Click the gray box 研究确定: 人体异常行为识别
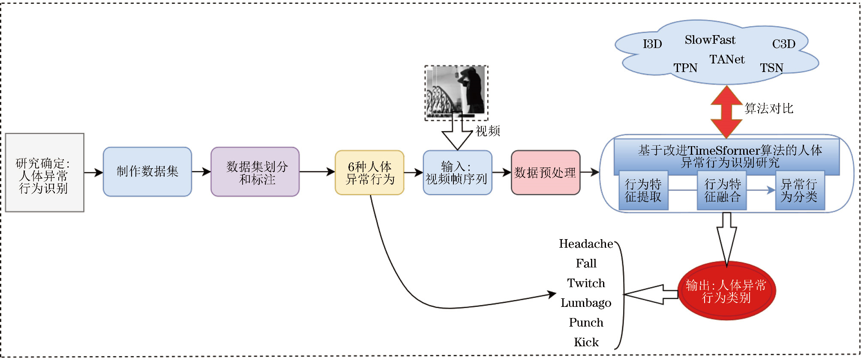tap(45, 173)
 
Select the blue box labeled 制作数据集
tap(147, 172)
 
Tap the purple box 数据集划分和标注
tap(255, 172)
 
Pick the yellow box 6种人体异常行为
tap(369, 173)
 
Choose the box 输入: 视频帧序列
tap(457, 173)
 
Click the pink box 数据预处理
tap(545, 173)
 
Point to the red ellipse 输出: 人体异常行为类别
tap(726, 291)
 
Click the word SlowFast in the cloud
tap(710, 40)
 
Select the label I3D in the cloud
tap(652, 44)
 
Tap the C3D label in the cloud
tap(783, 44)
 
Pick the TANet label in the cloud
tap(727, 60)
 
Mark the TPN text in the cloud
tap(685, 68)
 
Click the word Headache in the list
tap(586, 244)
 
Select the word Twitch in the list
tap(586, 283)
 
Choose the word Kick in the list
tap(586, 342)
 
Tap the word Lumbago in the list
tap(586, 303)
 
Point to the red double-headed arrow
tap(726, 112)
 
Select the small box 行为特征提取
tap(643, 191)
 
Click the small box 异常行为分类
tap(800, 191)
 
